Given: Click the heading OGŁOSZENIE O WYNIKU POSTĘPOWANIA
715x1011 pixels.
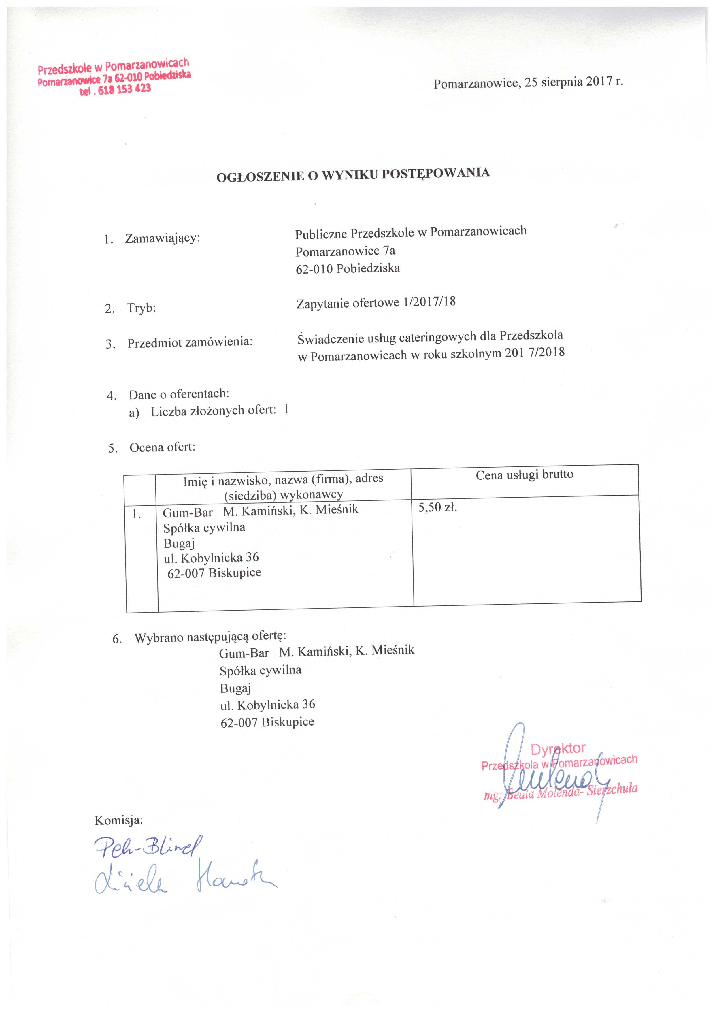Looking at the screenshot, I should [353, 174].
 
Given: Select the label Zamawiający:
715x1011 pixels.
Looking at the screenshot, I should [163, 238].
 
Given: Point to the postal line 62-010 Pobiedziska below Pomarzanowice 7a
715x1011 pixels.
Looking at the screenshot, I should [348, 268].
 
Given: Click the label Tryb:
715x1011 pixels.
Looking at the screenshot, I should [142, 308].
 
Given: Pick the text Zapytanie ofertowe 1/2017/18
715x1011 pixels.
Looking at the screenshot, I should [376, 302].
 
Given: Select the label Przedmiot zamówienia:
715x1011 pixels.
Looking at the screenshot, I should [190, 342].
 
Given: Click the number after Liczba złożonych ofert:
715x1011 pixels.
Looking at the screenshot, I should [287, 410].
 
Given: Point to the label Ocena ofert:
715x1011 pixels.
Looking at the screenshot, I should [163, 447].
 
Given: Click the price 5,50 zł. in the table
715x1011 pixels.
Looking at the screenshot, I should [438, 507].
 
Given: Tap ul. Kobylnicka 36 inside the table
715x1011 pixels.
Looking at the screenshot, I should [211, 558].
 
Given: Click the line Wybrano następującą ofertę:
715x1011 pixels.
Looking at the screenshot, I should [210, 637].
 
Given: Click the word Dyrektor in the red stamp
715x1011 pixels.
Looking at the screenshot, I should [558, 749].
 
